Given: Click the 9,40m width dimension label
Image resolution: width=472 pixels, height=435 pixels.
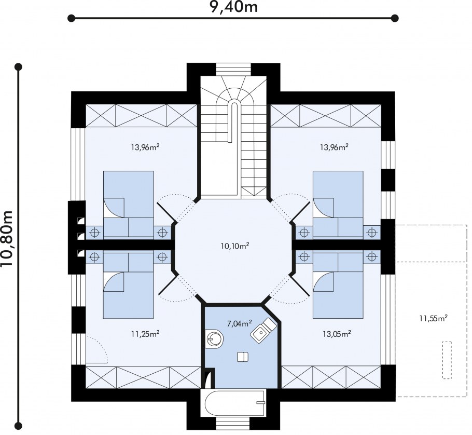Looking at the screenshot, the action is click(234, 7).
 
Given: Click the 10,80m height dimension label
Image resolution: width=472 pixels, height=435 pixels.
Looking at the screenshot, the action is click(7, 239).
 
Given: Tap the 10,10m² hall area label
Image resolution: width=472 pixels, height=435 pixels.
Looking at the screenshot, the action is click(235, 246).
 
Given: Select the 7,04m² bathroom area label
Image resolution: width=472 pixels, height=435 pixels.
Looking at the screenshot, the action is click(239, 324).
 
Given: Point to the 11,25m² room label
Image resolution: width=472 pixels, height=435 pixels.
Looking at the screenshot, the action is click(145, 334).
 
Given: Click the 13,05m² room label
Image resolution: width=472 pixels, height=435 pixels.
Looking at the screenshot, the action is click(337, 334).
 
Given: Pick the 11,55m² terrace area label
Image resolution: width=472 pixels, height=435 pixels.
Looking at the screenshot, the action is click(433, 318).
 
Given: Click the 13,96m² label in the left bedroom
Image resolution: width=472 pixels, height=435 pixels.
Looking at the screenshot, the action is click(145, 147).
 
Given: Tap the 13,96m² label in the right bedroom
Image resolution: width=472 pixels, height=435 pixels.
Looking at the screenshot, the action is click(334, 147).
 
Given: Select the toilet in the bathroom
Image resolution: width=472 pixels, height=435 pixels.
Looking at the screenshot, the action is click(214, 338).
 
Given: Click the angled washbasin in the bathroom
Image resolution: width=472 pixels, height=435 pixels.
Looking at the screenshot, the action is click(263, 329).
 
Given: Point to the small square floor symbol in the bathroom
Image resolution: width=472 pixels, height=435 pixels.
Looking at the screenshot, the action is click(243, 357).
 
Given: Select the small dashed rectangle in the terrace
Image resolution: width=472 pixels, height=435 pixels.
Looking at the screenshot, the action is click(447, 360).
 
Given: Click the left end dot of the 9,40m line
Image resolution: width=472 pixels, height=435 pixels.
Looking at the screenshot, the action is click(72, 18).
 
